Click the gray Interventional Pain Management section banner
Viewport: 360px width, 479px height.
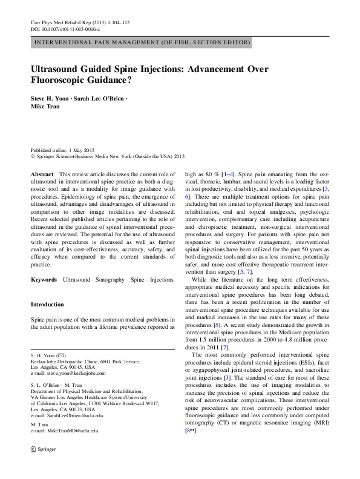[140, 42]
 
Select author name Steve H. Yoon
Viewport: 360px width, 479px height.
[53, 97]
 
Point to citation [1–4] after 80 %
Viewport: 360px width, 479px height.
[228, 174]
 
